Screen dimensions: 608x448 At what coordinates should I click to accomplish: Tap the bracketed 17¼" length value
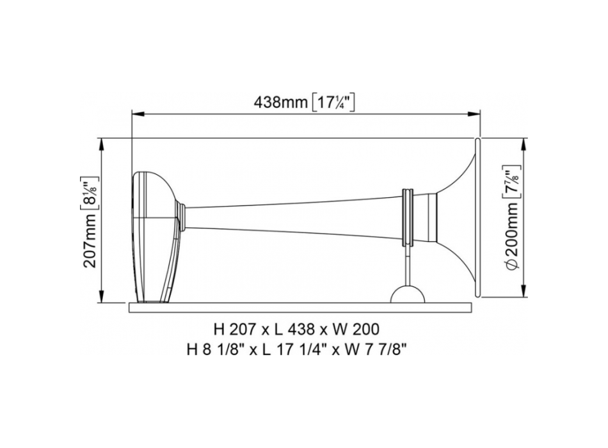click(x=333, y=102)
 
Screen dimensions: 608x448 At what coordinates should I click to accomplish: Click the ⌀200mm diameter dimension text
click(x=512, y=236)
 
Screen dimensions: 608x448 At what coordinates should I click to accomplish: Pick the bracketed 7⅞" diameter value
click(x=512, y=182)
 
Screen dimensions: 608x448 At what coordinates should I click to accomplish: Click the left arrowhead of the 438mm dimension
click(x=138, y=114)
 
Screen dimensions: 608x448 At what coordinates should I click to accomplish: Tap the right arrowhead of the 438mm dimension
click(x=474, y=114)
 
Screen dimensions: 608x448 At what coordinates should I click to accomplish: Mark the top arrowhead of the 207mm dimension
click(x=102, y=144)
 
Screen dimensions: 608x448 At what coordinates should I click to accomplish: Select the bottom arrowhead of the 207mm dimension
click(x=102, y=296)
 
